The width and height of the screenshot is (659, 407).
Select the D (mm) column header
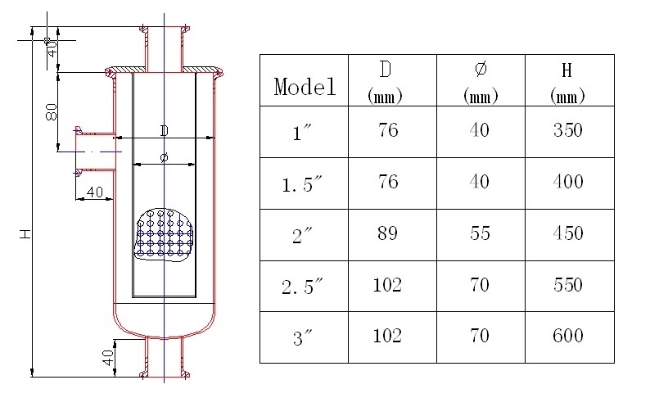pyautogui.click(x=392, y=80)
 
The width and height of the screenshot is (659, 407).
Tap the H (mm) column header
pyautogui.click(x=569, y=80)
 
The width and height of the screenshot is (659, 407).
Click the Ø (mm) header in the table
pyautogui.click(x=481, y=80)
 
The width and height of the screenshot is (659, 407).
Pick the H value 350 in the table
pyautogui.click(x=567, y=131)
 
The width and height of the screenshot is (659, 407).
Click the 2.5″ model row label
pyautogui.click(x=304, y=286)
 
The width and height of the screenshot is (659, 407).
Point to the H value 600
pyautogui.click(x=567, y=336)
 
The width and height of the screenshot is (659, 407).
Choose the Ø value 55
pyautogui.click(x=479, y=233)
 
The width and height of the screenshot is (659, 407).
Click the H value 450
pyautogui.click(x=567, y=233)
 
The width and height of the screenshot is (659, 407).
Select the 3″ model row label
pyautogui.click(x=304, y=337)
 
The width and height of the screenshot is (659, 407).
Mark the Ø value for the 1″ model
pyautogui.click(x=479, y=131)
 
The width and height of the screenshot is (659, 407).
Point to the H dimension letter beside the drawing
pyautogui.click(x=26, y=234)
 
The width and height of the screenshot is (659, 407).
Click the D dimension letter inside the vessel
pyautogui.click(x=164, y=130)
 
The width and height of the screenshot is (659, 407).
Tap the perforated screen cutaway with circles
pyautogui.click(x=165, y=236)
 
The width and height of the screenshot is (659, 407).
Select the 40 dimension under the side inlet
pyautogui.click(x=94, y=192)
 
